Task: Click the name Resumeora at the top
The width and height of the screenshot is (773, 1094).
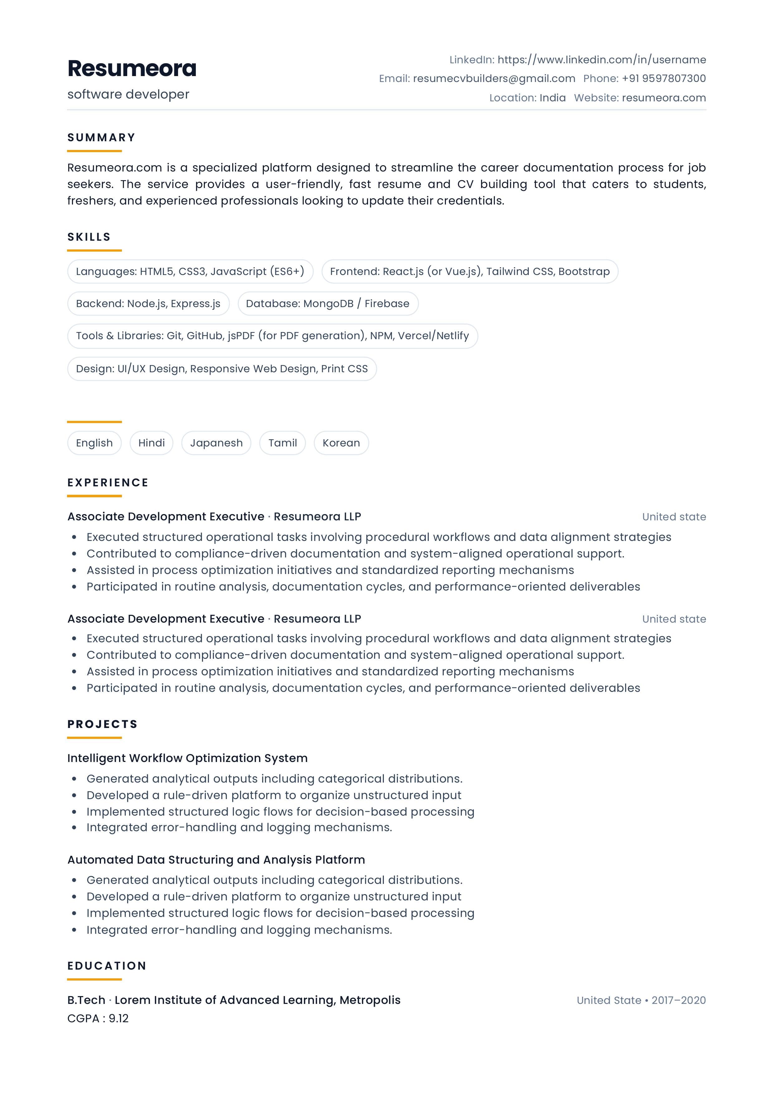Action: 132,69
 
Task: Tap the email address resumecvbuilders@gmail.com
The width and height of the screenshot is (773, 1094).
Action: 494,79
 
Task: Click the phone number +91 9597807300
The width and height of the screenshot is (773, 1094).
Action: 663,79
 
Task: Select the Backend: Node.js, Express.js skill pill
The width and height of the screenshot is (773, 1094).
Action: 148,304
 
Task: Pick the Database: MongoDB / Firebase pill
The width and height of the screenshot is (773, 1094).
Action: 328,304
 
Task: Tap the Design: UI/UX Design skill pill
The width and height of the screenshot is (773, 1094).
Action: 222,369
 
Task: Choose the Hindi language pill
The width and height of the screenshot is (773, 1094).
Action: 152,443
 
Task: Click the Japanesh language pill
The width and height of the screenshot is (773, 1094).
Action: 216,443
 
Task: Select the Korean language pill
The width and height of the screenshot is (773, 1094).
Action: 341,443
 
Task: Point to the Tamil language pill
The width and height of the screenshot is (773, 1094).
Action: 283,443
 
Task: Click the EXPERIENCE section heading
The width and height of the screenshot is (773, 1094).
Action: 108,483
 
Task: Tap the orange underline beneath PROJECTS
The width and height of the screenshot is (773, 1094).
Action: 94,738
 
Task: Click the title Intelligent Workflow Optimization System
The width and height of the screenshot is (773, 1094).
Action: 187,758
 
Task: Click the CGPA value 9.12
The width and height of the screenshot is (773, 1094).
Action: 119,1019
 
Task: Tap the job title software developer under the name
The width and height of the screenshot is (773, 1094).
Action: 128,94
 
